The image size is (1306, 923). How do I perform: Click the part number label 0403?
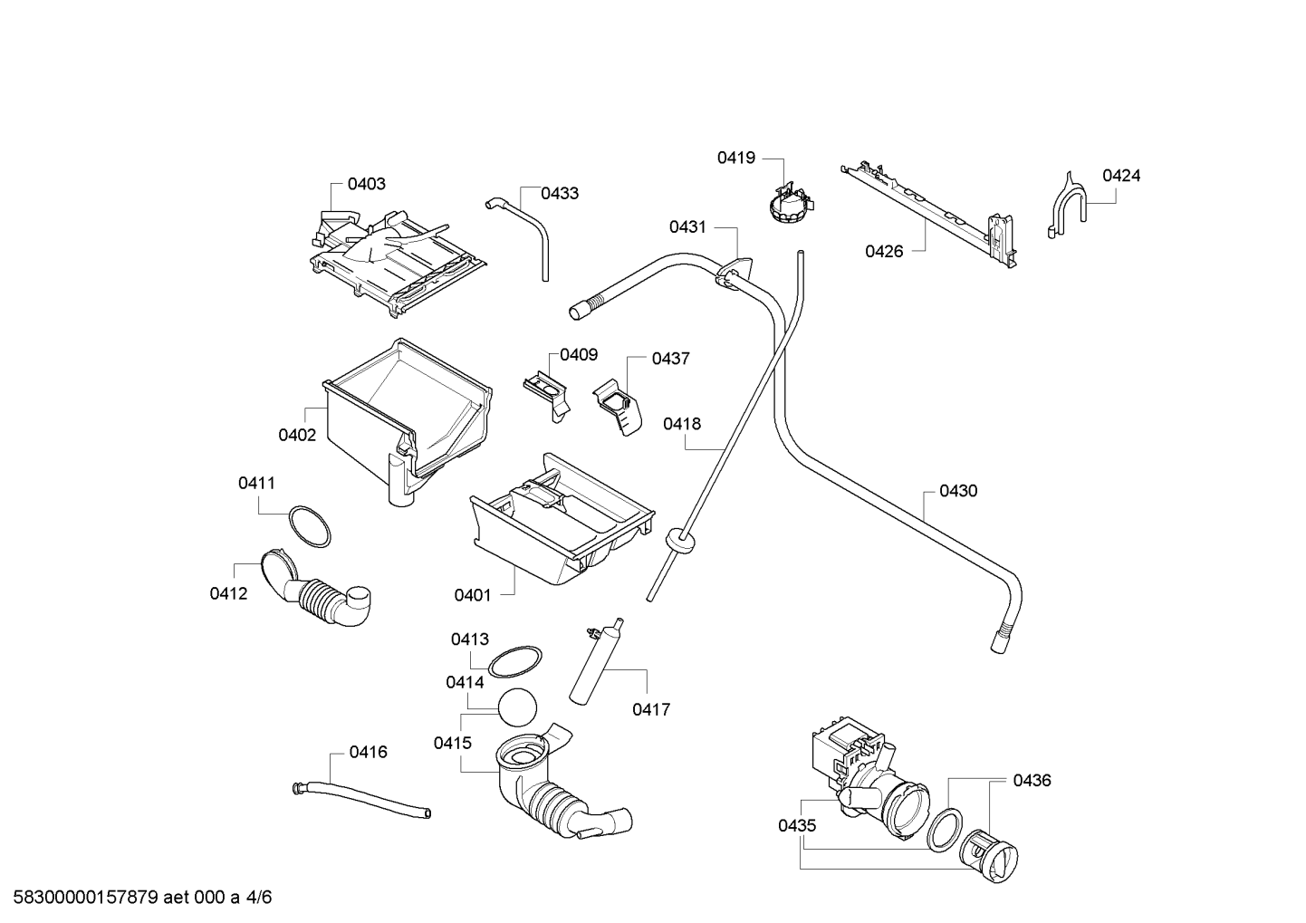click(367, 184)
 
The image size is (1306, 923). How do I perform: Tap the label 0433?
click(560, 194)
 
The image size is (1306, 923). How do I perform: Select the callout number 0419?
click(736, 158)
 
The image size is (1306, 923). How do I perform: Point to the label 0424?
click(1121, 176)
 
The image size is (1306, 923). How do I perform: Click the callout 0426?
click(884, 252)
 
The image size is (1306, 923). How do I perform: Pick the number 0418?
click(682, 424)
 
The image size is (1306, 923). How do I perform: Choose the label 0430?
click(958, 492)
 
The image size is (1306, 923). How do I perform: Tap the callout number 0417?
click(651, 709)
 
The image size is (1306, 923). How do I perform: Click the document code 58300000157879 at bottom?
click(86, 898)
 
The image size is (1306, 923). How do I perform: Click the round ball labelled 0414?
click(517, 707)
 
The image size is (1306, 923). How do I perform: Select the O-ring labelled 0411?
click(310, 526)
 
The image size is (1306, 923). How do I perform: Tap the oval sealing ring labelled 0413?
click(514, 662)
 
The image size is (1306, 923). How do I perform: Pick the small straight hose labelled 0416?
click(361, 801)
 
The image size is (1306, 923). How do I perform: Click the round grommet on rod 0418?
click(680, 541)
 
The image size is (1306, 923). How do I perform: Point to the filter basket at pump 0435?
click(989, 857)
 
